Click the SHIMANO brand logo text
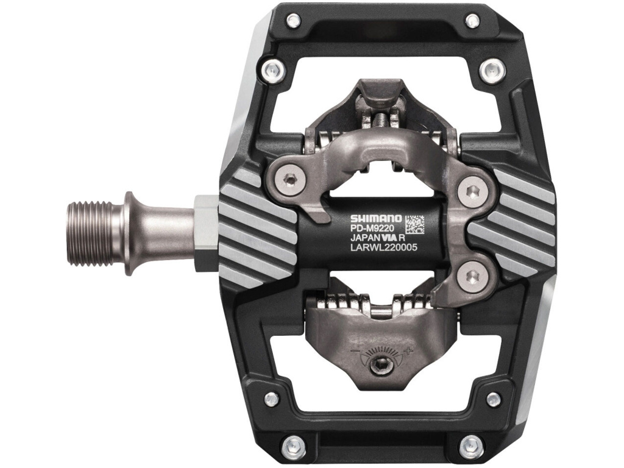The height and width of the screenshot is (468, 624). click(x=377, y=218)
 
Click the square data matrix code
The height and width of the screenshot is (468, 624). click(x=414, y=224)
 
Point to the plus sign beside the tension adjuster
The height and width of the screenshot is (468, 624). click(x=406, y=351)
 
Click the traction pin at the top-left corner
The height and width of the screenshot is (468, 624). click(x=293, y=20)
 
